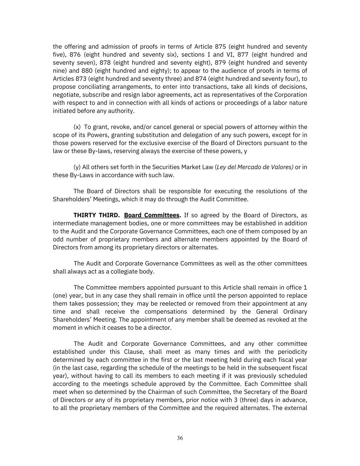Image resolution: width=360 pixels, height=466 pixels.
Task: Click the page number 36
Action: [180, 438]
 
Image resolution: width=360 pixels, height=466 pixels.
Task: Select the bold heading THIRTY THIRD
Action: [97, 215]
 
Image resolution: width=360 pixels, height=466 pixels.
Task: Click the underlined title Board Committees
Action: [152, 215]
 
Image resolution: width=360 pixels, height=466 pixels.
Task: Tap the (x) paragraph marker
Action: [77, 127]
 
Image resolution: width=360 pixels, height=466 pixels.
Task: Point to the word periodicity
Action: [290, 352]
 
